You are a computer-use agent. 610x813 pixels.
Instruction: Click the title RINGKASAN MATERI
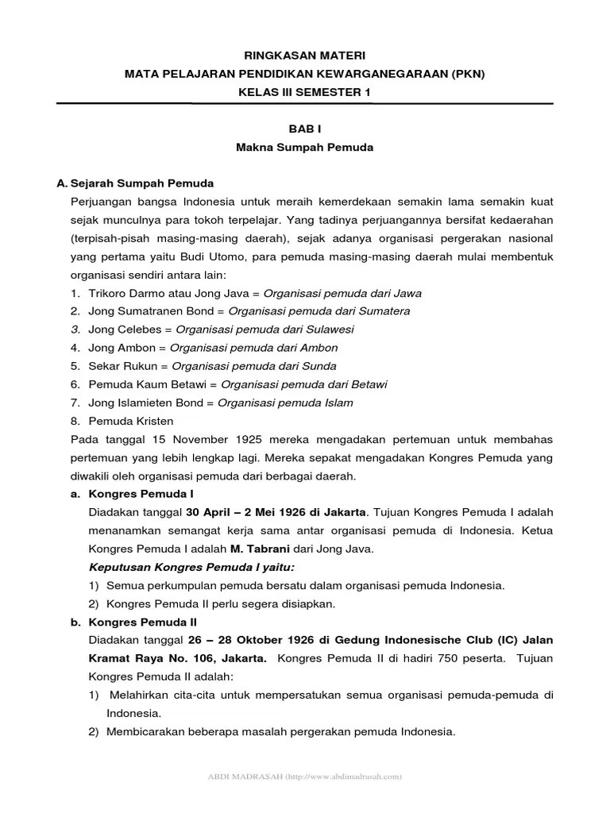tap(305, 56)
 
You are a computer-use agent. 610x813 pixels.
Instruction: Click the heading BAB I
tap(304, 129)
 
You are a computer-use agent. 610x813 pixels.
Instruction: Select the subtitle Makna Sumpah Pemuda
tap(304, 148)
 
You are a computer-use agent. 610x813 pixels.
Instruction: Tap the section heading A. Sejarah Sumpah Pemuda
tap(135, 183)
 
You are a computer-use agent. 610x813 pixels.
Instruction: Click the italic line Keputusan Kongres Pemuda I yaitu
tap(191, 568)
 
